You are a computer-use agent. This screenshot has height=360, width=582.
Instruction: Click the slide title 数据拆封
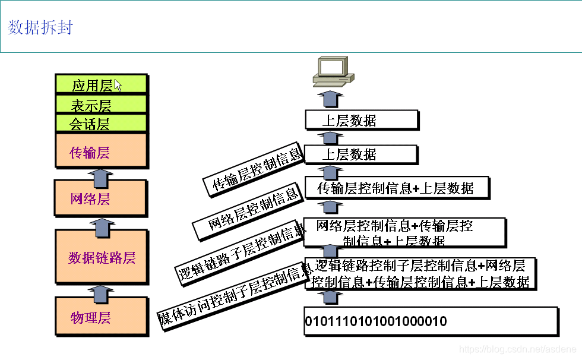[40, 27]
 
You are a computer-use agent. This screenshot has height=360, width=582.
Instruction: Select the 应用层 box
[100, 85]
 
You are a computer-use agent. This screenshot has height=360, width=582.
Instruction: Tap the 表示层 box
[100, 105]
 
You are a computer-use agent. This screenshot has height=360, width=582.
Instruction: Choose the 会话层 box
[100, 124]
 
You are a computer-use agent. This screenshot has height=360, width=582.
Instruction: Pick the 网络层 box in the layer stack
[100, 198]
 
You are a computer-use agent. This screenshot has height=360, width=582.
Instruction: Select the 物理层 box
[100, 317]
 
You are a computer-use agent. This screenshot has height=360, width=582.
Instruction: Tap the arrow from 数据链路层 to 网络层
[101, 224]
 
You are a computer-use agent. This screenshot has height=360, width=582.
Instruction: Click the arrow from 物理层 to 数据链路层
[101, 291]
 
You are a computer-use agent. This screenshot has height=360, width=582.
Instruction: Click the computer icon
[332, 71]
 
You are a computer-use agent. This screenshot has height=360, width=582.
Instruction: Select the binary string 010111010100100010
[375, 321]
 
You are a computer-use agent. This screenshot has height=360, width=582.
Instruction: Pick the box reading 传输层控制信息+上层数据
[396, 188]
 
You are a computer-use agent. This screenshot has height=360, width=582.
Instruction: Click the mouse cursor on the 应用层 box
[118, 86]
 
